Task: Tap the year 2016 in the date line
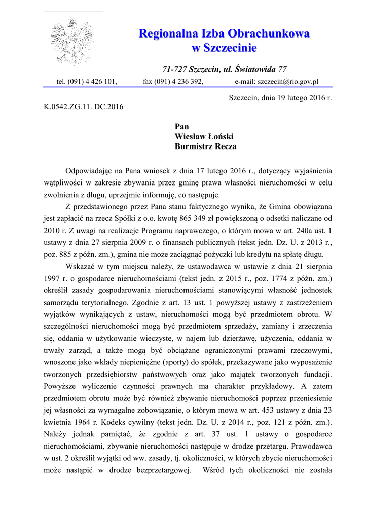[x=311, y=98]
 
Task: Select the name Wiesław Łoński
[x=204, y=136]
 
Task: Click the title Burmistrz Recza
[x=205, y=146]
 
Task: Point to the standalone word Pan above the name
[x=181, y=126]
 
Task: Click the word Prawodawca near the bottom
[x=310, y=448]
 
